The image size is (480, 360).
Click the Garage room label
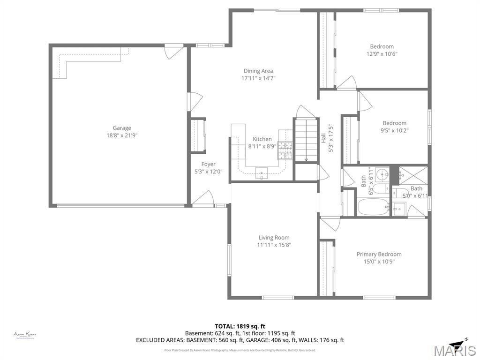(122, 128)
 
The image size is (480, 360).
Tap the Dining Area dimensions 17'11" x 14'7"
(258, 78)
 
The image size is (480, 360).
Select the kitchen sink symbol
(262, 173)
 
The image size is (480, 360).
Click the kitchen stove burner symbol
(285, 151)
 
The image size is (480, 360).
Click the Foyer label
(209, 164)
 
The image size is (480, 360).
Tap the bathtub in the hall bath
(373, 206)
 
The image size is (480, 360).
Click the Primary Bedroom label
(379, 254)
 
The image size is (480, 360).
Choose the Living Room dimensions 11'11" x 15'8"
(274, 245)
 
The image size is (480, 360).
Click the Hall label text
(323, 138)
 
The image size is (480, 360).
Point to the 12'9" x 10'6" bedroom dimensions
(382, 54)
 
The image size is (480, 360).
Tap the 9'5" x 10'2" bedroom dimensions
(394, 131)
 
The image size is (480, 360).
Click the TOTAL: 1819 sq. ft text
(240, 326)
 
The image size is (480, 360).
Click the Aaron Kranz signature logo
(25, 335)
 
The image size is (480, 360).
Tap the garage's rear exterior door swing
(174, 51)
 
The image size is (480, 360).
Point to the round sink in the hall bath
(382, 175)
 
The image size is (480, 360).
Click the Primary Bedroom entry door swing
(330, 223)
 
